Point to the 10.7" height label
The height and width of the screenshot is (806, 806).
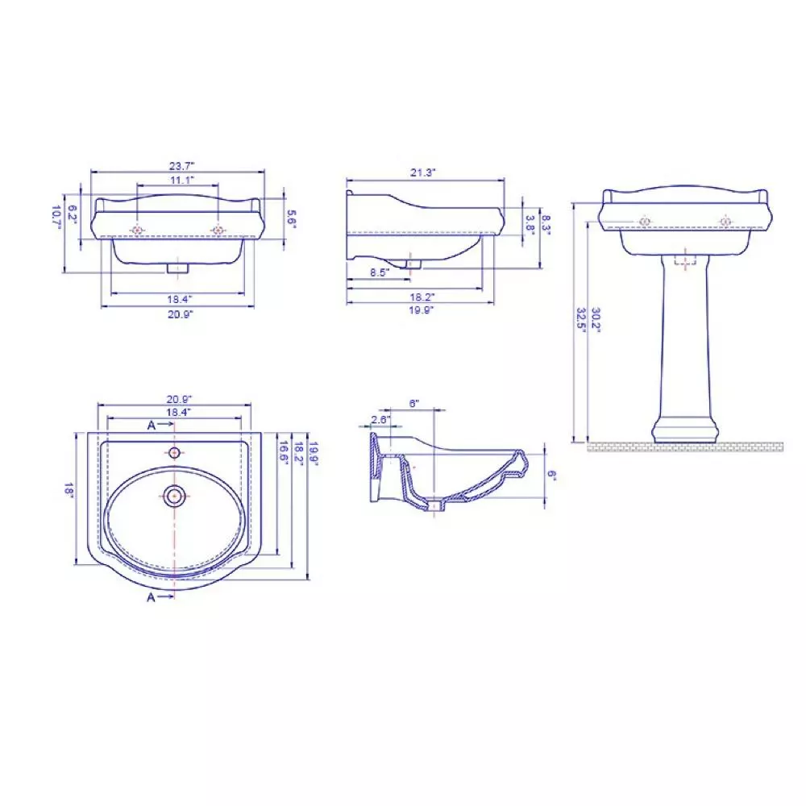coord(56,215)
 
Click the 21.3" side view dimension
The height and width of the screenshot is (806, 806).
coord(423,172)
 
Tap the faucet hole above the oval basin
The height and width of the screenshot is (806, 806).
coord(174,452)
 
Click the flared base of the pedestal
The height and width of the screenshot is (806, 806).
coord(684,429)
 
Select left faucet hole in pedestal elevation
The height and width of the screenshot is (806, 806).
coord(645,222)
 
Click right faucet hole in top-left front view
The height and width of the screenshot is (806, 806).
coord(218,231)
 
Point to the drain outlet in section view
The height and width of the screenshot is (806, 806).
coord(436,508)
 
